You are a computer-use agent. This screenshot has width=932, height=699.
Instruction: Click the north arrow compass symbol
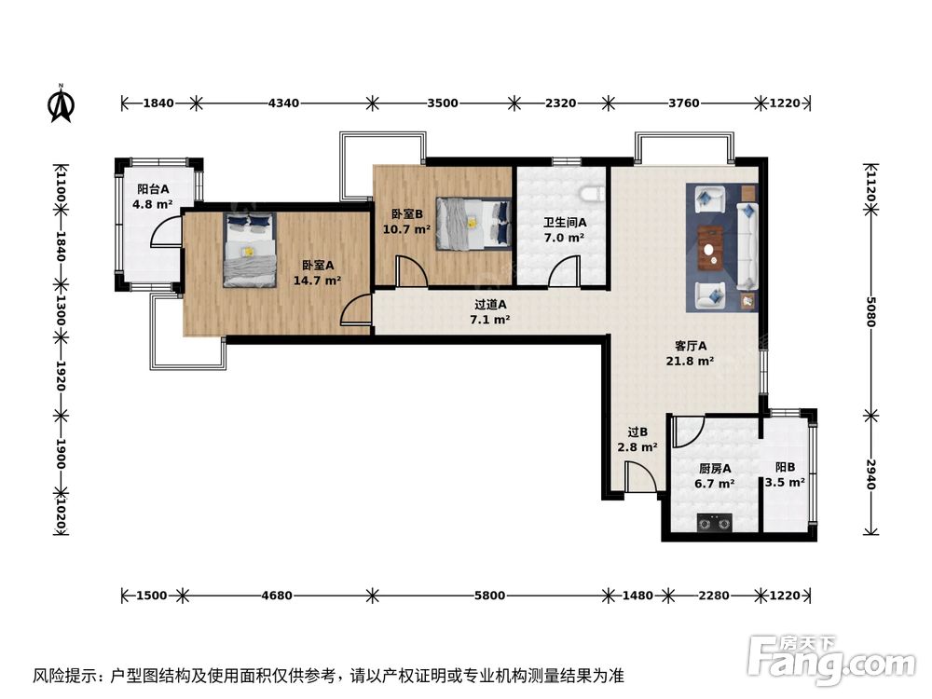click(61, 103)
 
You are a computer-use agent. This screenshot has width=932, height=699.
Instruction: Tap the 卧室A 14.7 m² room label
click(321, 271)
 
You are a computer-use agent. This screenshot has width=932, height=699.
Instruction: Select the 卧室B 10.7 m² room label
click(406, 221)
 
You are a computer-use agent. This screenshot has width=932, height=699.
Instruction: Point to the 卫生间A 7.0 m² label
click(565, 230)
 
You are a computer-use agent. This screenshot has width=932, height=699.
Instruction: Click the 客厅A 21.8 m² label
click(690, 353)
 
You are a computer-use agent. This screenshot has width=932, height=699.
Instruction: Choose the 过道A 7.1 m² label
click(490, 311)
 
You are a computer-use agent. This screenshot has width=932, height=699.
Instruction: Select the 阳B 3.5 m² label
click(785, 475)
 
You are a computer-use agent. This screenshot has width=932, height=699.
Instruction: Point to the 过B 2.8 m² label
click(637, 439)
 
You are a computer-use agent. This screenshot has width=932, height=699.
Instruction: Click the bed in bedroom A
click(249, 249)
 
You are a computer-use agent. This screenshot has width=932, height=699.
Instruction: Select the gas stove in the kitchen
click(714, 524)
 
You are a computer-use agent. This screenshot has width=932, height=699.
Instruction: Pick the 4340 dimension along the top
click(283, 103)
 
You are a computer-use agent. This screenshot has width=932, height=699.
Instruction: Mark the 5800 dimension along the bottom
click(488, 595)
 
